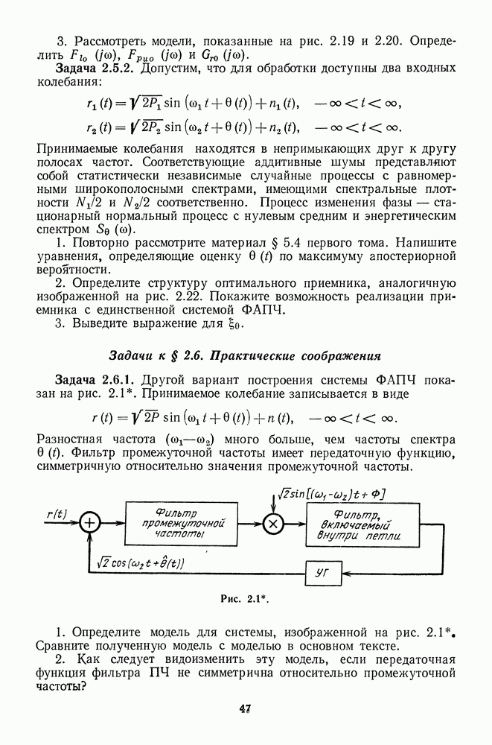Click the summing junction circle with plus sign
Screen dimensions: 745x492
point(89,523)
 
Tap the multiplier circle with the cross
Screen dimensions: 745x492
point(273,523)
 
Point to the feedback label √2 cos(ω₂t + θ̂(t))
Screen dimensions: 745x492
point(141,564)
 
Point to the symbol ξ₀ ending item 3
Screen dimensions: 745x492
point(237,324)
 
